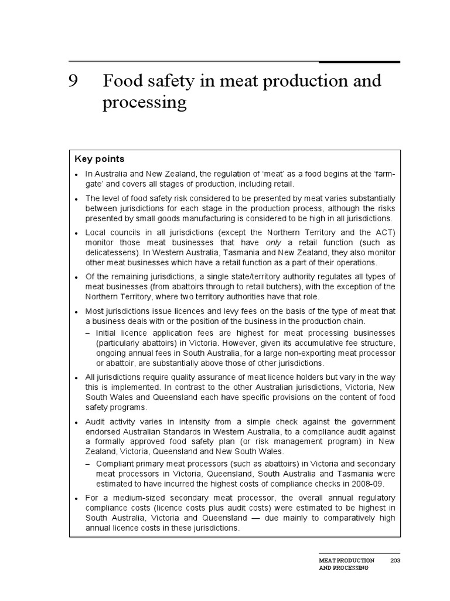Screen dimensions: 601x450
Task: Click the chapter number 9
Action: (73, 81)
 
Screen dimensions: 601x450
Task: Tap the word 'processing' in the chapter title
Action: (144, 103)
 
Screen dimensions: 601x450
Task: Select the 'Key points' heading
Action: (99, 159)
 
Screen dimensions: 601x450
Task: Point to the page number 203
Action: (395, 561)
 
